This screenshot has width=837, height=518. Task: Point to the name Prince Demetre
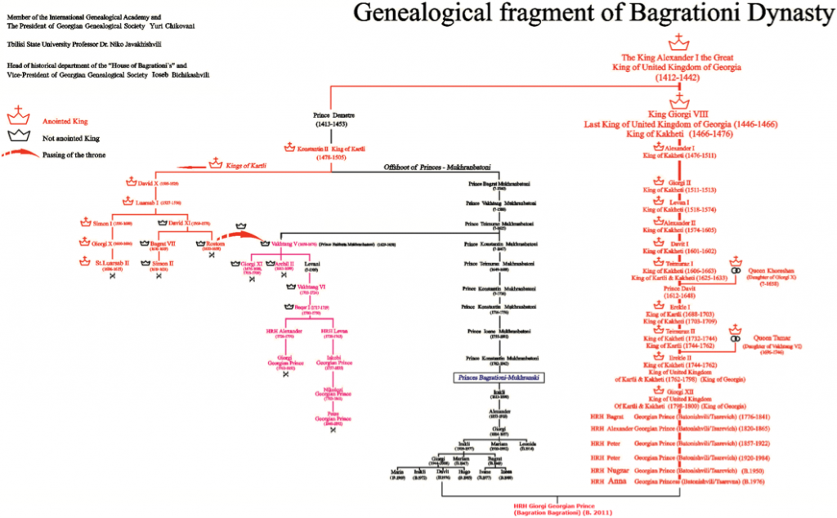(331, 115)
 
